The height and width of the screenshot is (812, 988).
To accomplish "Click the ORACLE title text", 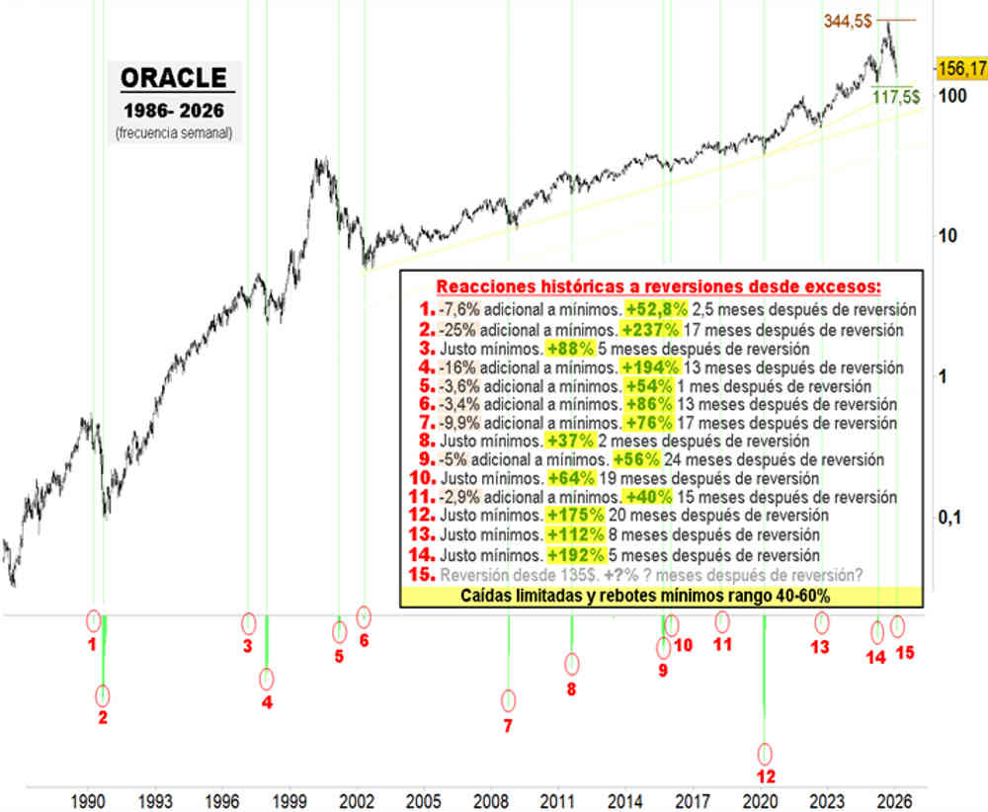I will [x=173, y=78].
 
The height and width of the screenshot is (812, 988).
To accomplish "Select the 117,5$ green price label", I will [x=895, y=99].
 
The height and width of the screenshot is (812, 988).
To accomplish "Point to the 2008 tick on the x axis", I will [x=489, y=799].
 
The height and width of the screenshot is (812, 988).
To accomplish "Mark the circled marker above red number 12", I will [x=765, y=753].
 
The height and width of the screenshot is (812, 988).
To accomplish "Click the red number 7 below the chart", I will [x=509, y=726].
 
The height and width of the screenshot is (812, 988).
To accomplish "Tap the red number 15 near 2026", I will [x=903, y=653].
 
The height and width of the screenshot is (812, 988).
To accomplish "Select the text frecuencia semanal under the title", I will [x=173, y=132].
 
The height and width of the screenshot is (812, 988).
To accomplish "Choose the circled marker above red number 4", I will [x=266, y=679].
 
